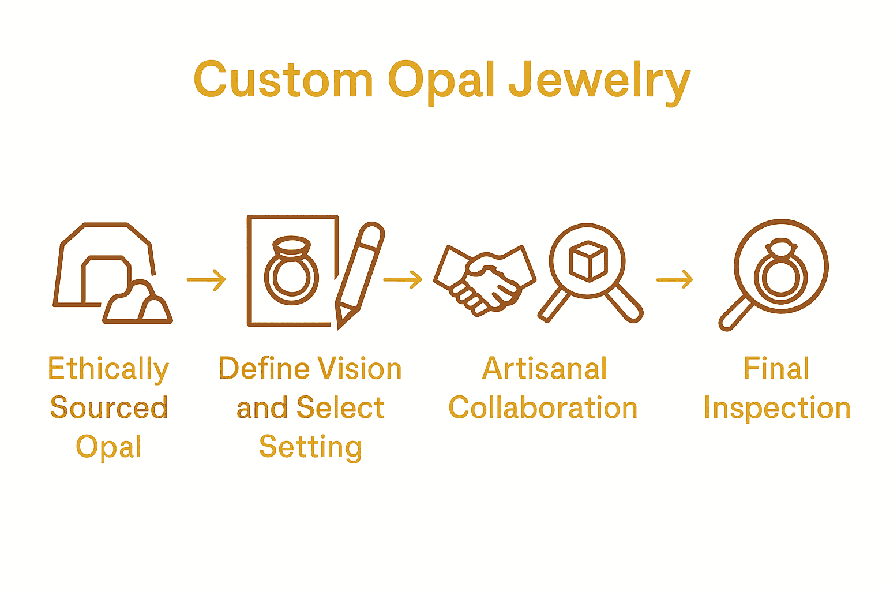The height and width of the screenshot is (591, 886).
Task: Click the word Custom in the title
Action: tap(283, 80)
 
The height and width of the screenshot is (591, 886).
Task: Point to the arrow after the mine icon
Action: tap(207, 280)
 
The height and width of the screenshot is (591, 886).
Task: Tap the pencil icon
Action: tap(359, 274)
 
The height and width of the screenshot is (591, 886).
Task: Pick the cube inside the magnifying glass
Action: tap(588, 261)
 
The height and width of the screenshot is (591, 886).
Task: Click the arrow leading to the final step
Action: tap(674, 280)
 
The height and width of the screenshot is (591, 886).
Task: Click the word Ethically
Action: tap(108, 369)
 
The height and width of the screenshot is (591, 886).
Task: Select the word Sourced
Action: tap(108, 408)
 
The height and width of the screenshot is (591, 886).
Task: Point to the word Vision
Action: tap(361, 369)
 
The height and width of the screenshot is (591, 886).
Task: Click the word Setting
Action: tap(310, 447)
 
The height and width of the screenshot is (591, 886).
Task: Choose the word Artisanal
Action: tap(545, 369)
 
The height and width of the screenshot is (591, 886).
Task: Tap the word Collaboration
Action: tap(543, 408)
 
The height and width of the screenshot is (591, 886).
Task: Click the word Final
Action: tap(776, 369)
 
